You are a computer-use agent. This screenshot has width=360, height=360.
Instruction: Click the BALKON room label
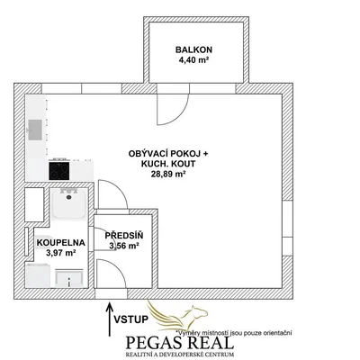[x=193, y=49]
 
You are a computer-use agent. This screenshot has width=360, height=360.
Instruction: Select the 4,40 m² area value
[x=193, y=60]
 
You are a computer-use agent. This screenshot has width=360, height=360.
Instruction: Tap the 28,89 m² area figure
[x=168, y=174]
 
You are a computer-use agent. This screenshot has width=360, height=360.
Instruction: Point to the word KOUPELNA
[x=61, y=243]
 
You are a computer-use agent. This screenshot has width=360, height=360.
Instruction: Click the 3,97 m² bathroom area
[x=60, y=253]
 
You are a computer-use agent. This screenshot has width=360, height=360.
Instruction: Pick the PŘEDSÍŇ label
[x=124, y=235]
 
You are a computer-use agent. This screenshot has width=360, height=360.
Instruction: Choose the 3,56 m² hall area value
[x=124, y=246]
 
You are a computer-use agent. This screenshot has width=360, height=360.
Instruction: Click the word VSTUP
[x=131, y=319]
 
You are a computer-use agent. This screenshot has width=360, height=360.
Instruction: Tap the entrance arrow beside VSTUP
[x=110, y=319]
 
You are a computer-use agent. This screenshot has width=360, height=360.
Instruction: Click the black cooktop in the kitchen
[x=59, y=171]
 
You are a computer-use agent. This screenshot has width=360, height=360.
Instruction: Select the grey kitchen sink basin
[x=35, y=130]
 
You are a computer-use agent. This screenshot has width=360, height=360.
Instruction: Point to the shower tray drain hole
[x=69, y=197]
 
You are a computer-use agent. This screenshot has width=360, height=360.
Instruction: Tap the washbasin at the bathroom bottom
[x=69, y=279]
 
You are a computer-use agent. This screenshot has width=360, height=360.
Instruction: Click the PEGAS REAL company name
[x=179, y=343]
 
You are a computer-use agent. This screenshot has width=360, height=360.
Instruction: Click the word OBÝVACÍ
[x=148, y=153]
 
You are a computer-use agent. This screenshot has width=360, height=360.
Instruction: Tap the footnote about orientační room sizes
[x=234, y=333]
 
